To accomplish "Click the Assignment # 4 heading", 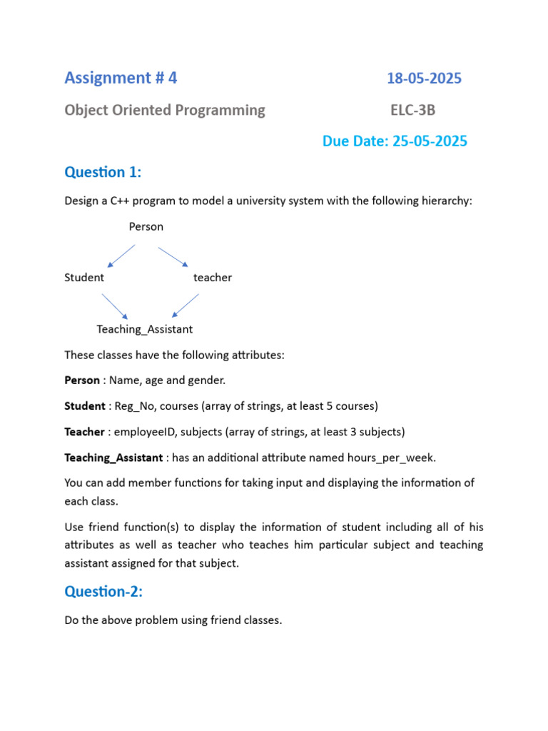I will click(x=121, y=79).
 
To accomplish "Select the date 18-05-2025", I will click(x=424, y=79).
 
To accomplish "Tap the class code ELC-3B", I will click(x=412, y=111).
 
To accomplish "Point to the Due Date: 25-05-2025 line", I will click(x=395, y=141).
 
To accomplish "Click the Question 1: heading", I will click(x=103, y=172).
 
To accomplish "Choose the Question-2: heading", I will click(x=103, y=591).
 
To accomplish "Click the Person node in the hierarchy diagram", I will click(x=146, y=227).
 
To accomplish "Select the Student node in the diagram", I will click(x=84, y=278).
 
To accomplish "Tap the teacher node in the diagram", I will click(x=213, y=278).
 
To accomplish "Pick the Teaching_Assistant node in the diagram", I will click(x=145, y=329).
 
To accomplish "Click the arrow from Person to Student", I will click(x=121, y=256).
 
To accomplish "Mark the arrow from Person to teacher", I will click(x=173, y=257).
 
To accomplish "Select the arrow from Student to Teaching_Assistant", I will click(x=115, y=306).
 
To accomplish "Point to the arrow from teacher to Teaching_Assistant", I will click(x=186, y=305).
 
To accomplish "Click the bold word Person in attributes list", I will click(x=82, y=380).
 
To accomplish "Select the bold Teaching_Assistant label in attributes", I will click(x=113, y=458).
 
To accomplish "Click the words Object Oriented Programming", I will click(x=165, y=111).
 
